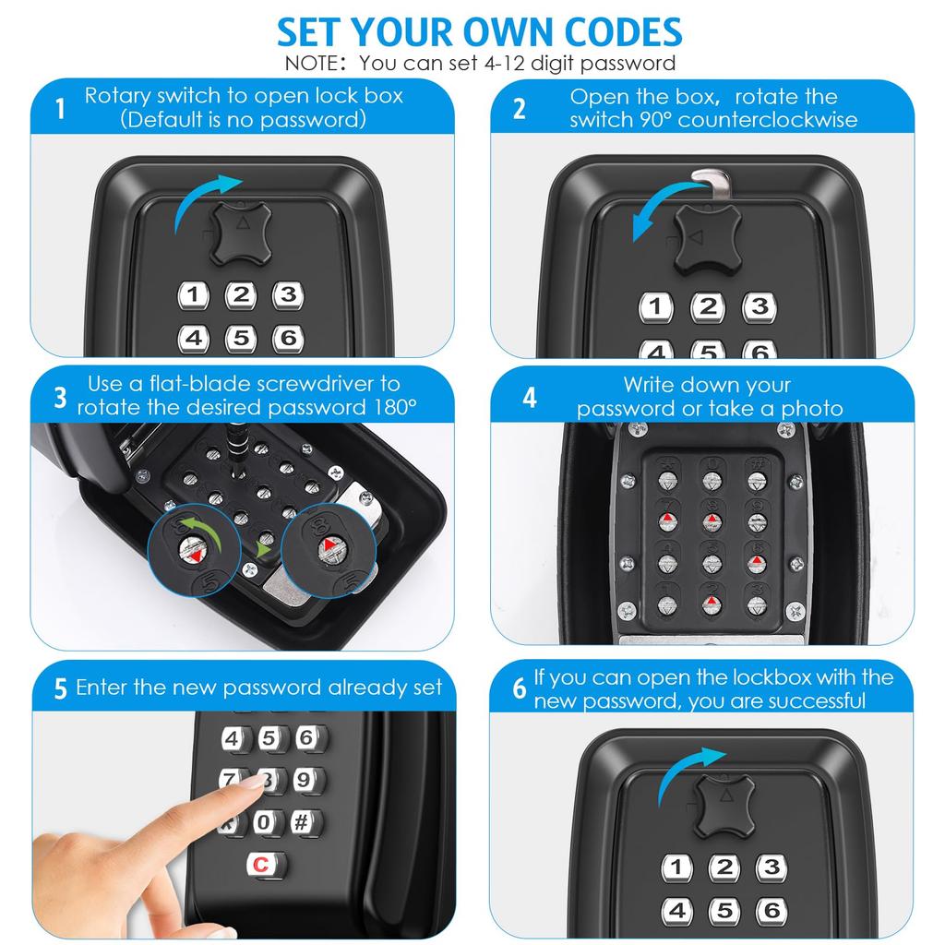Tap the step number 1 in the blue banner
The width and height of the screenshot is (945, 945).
(x=61, y=110)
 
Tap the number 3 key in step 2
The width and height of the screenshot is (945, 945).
(x=759, y=306)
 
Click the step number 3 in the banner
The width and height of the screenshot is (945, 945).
(x=61, y=397)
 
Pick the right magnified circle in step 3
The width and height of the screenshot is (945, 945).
(x=329, y=553)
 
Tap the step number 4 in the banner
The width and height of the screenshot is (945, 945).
(x=529, y=398)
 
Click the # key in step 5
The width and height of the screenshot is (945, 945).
(x=304, y=821)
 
